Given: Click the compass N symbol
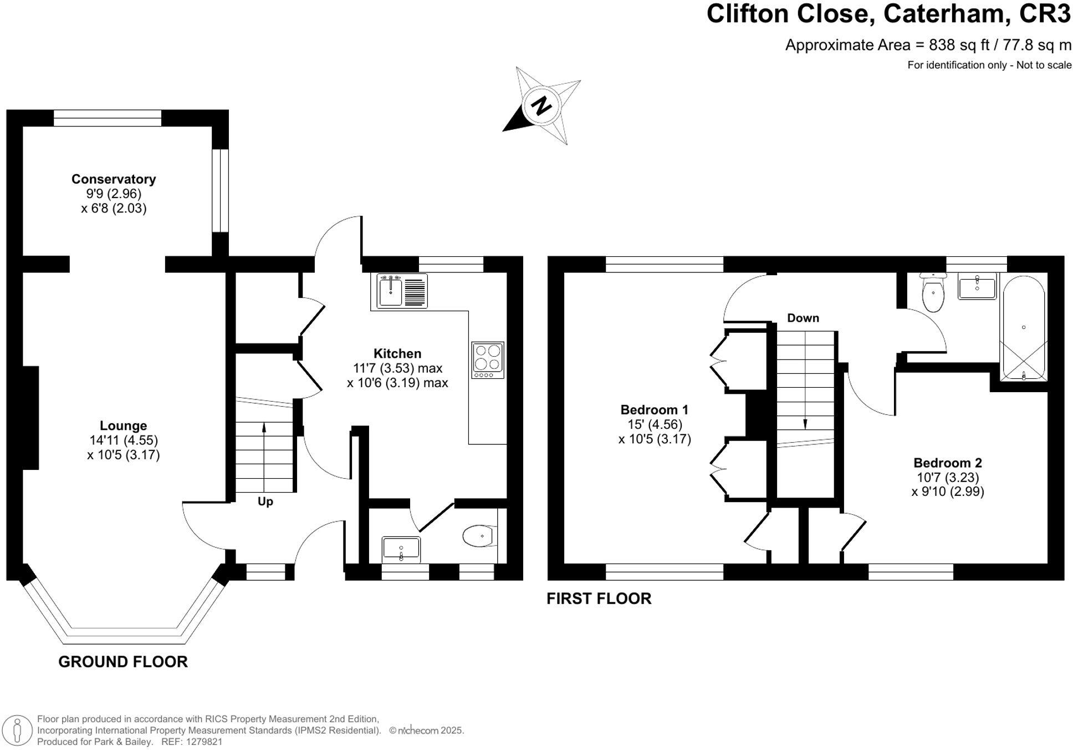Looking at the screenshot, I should (x=540, y=105).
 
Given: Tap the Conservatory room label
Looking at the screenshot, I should (x=114, y=179).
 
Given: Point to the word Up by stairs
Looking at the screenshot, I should (x=265, y=501).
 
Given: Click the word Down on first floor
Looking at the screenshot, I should (x=803, y=318).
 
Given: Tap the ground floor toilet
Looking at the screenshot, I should (x=479, y=536).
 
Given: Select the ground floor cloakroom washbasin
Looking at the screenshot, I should (x=401, y=549).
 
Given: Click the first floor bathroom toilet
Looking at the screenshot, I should (x=933, y=293).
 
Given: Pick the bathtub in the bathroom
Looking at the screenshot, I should (x=1023, y=327).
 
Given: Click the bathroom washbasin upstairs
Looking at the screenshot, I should (x=977, y=286).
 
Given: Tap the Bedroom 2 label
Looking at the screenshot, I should (x=947, y=463).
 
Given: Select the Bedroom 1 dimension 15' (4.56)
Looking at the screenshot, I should (x=654, y=424).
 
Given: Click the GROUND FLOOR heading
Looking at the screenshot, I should (x=123, y=662).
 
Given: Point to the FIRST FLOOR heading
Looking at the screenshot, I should (x=599, y=599).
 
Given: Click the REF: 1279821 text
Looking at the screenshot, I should (x=191, y=742).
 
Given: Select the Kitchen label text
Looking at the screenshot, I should (x=397, y=353).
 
